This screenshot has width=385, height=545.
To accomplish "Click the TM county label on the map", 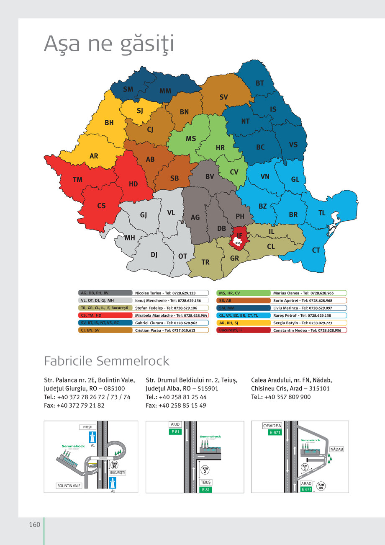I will [x=77, y=180].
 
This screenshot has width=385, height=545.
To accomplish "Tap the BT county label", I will [x=260, y=83].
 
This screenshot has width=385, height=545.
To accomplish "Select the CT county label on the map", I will [x=316, y=250].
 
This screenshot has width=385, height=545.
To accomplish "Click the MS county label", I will [x=191, y=139].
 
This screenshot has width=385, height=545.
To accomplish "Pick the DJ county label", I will [x=154, y=255].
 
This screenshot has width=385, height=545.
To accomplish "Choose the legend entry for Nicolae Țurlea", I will [x=171, y=293].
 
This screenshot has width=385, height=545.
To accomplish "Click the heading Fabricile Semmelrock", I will [x=107, y=361].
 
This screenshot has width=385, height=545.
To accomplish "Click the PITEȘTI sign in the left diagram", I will [x=88, y=427].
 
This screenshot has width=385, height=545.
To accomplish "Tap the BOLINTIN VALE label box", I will [x=69, y=486].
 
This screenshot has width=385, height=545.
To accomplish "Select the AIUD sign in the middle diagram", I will [x=175, y=424].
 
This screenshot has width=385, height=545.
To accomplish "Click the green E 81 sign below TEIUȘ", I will [x=206, y=489].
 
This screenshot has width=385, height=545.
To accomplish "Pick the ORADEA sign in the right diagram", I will [x=272, y=426].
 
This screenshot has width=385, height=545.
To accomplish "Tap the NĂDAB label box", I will [x=337, y=449].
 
